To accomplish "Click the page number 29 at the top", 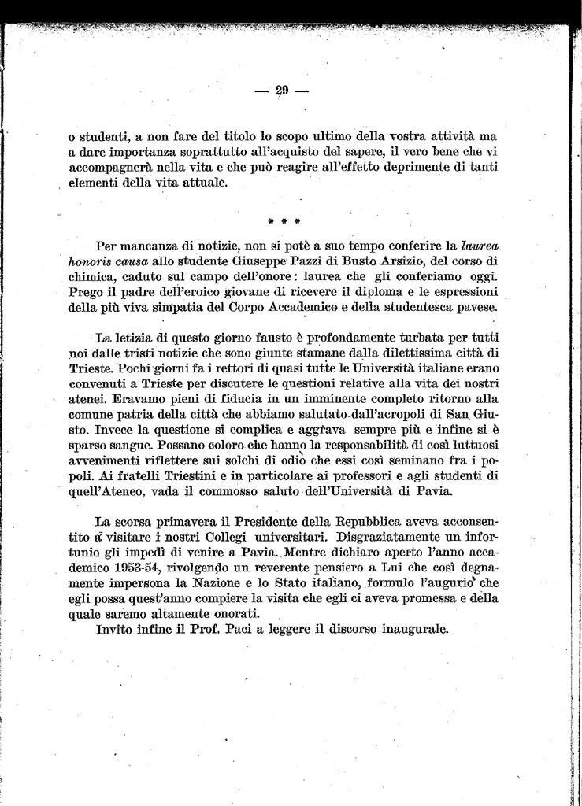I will [283, 91].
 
